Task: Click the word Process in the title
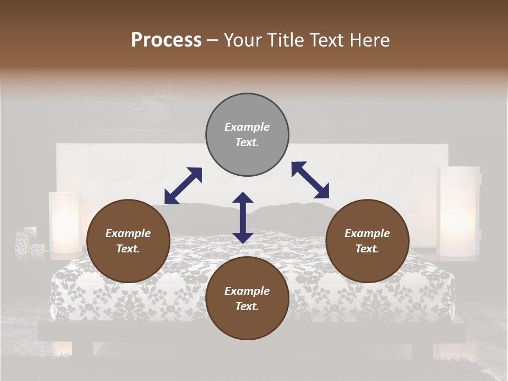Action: pyautogui.click(x=166, y=40)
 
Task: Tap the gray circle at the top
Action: pyautogui.click(x=247, y=135)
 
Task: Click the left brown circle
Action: pyautogui.click(x=128, y=241)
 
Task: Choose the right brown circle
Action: pyautogui.click(x=367, y=241)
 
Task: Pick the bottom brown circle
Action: pyautogui.click(x=247, y=298)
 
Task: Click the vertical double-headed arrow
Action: pyautogui.click(x=243, y=217)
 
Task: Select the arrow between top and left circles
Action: pyautogui.click(x=183, y=186)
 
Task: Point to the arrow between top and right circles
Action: pyautogui.click(x=310, y=180)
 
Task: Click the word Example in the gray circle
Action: pyautogui.click(x=247, y=127)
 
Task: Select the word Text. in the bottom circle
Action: pyautogui.click(x=247, y=306)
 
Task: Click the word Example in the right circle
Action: pyautogui.click(x=367, y=233)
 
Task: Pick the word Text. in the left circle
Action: pyautogui.click(x=128, y=249)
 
